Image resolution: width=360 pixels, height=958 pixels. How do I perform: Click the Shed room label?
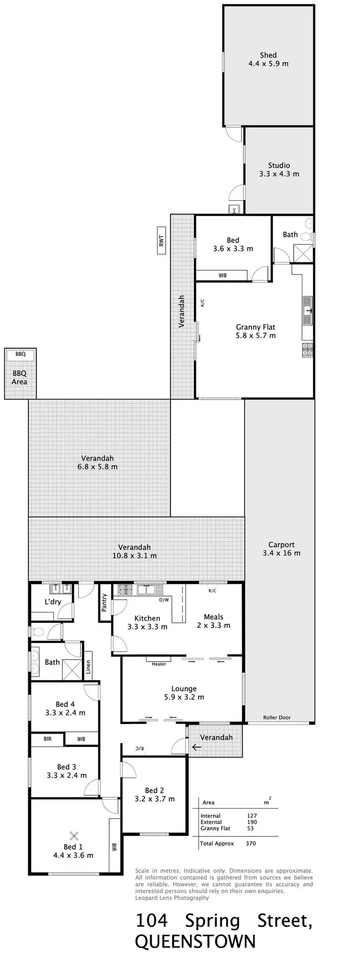pyautogui.click(x=268, y=59)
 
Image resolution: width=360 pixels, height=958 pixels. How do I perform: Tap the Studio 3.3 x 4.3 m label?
pyautogui.click(x=279, y=170)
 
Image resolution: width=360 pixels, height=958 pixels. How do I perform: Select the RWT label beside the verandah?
pyautogui.click(x=161, y=241)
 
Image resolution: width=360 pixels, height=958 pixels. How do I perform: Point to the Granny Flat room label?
pyautogui.click(x=255, y=331)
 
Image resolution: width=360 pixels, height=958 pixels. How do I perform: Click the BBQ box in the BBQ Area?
pyautogui.click(x=20, y=354)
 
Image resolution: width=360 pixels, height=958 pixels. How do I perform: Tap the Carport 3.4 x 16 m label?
pyautogui.click(x=281, y=549)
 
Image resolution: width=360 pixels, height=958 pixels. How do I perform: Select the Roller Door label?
pyautogui.click(x=276, y=717)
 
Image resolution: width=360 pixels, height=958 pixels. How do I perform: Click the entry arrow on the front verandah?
pyautogui.click(x=196, y=747)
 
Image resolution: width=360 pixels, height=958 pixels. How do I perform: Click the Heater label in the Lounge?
pyautogui.click(x=158, y=664)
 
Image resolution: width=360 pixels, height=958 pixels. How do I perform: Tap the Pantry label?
pyautogui.click(x=104, y=603)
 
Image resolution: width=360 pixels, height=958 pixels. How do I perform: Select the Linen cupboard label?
pyautogui.click(x=88, y=667)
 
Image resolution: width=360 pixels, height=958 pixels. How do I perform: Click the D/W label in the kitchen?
pyautogui.click(x=164, y=600)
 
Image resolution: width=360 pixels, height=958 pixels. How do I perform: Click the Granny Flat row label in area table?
pyautogui.click(x=215, y=828)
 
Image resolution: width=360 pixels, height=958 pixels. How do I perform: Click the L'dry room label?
pyautogui.click(x=53, y=602)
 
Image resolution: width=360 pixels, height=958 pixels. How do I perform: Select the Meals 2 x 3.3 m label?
pyautogui.click(x=213, y=621)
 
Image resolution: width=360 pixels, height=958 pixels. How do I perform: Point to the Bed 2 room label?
pyautogui.click(x=155, y=795)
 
